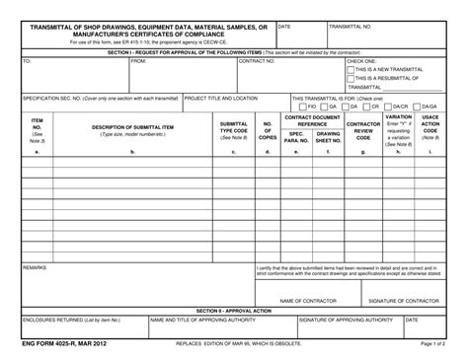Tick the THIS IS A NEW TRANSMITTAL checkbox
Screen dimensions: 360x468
click(351, 70)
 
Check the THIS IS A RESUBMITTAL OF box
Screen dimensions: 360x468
click(351, 79)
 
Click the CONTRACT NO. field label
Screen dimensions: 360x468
click(257, 61)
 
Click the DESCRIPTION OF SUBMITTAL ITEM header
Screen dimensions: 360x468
click(133, 127)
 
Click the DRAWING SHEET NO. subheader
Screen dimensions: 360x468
click(328, 136)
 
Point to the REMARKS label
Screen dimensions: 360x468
click(35, 267)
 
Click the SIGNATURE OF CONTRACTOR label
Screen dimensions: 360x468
click(403, 301)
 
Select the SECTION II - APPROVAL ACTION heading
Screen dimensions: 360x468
click(233, 311)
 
